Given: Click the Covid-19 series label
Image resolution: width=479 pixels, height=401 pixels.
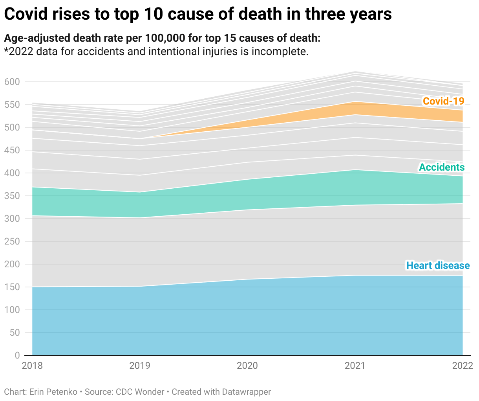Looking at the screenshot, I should (443, 101).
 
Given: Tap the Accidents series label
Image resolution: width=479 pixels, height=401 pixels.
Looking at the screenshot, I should (442, 167).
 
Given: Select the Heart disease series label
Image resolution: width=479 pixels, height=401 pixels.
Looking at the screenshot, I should (438, 265).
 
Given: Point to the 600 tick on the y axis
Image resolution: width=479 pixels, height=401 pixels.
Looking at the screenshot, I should (12, 82).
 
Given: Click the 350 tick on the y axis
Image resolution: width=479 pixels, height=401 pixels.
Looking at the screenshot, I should (12, 196).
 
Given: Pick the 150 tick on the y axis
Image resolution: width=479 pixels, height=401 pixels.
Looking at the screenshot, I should (12, 287).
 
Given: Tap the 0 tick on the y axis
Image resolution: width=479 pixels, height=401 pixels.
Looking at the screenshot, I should (17, 355).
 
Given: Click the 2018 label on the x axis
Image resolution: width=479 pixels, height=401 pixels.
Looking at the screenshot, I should (32, 366).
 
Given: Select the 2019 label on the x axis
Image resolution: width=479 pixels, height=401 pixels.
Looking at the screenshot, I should (140, 366).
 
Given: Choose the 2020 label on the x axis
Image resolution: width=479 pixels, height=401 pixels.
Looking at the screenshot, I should (247, 366).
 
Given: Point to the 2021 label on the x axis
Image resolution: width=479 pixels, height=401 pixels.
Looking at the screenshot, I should (355, 366).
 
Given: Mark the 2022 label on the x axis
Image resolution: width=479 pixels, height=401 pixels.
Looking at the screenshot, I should (462, 366).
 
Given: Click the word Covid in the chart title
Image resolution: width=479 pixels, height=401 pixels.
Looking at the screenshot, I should (26, 14).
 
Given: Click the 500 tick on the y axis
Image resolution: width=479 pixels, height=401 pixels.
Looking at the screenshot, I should (12, 127).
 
